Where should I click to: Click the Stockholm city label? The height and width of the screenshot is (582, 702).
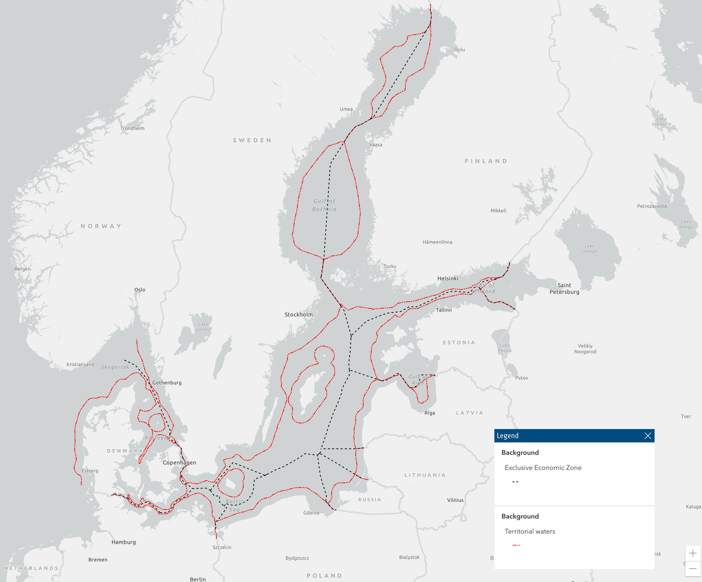point(298,314)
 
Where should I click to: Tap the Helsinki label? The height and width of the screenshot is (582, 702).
point(448,278)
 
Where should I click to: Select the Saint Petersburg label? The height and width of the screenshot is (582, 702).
point(564,288)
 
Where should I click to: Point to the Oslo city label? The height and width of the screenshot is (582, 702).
point(140,289)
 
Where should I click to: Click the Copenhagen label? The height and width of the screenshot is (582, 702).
point(179,462)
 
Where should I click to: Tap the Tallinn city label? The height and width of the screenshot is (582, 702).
point(444,310)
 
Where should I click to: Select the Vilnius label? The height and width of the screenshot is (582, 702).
point(455,500)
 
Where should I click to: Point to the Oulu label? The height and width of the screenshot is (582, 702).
point(459,50)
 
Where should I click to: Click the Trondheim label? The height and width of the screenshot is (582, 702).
point(132,128)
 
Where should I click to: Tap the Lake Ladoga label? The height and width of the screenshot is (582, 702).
point(589,248)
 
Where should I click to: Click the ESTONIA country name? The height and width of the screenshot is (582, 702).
point(459,342)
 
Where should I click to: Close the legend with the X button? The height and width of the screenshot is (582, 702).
point(647,435)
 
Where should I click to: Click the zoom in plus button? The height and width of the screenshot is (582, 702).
point(693,553)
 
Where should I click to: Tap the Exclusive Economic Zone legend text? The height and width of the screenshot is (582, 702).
point(543,467)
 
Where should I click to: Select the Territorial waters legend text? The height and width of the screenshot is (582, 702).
point(530,531)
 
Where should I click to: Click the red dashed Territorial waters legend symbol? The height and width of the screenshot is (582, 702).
point(516,545)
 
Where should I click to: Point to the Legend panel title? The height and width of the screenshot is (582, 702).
point(507,435)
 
